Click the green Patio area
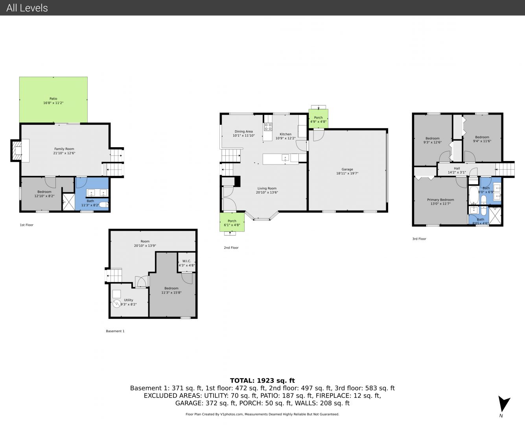(53, 100)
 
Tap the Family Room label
(64, 149)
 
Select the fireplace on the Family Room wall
(17, 151)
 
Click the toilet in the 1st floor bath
(104, 205)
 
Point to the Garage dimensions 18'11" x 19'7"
(347, 173)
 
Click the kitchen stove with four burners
(268, 127)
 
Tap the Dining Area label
(243, 131)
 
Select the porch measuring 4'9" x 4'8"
(318, 118)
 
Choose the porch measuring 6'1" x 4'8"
(232, 222)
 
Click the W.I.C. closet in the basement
(186, 262)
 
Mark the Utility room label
(129, 300)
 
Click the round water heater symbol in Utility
(116, 303)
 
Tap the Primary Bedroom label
(440, 200)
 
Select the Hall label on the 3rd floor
(457, 168)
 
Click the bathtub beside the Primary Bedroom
(473, 196)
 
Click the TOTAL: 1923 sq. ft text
(262, 381)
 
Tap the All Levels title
(27, 8)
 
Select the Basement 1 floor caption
(115, 331)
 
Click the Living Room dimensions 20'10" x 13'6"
(267, 192)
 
